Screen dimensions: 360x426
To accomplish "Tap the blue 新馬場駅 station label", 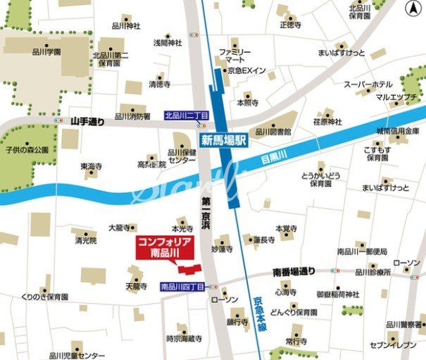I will coord(224,139).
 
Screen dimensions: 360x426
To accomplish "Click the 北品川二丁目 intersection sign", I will coord(186,115).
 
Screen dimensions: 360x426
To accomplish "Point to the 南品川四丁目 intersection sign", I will coord(182,287).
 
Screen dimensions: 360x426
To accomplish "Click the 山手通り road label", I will coord(87,122).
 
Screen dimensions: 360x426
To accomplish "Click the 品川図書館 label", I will coord(273,131).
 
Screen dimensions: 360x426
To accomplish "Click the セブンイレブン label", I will coord(394,345).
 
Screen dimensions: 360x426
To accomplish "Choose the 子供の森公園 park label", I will coord(27,149).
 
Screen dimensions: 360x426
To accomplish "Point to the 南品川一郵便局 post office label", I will coord(362,252).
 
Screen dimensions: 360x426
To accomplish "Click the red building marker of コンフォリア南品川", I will coord(187,269).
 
